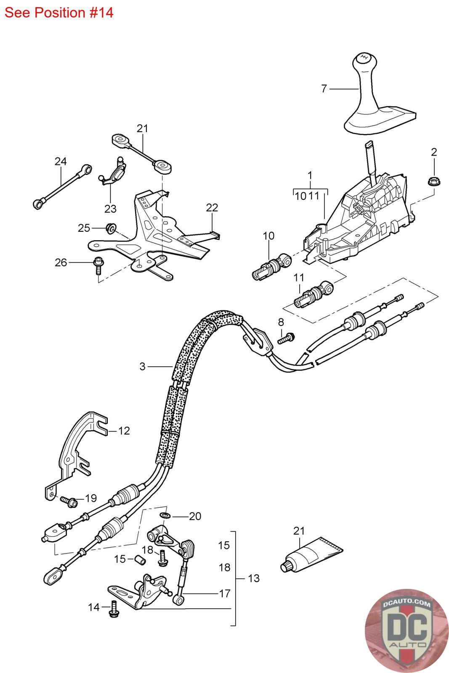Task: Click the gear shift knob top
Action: pyautogui.click(x=364, y=59)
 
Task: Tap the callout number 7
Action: pyautogui.click(x=324, y=89)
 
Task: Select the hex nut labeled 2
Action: pyautogui.click(x=432, y=181)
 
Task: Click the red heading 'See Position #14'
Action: pyautogui.click(x=59, y=13)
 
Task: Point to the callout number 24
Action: pyautogui.click(x=61, y=162)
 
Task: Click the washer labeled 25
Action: pyautogui.click(x=111, y=228)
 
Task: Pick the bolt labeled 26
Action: pyautogui.click(x=98, y=265)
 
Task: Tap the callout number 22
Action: pyautogui.click(x=212, y=207)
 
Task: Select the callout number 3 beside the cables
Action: pyautogui.click(x=143, y=366)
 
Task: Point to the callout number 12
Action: pyautogui.click(x=124, y=431)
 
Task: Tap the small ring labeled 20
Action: pyautogui.click(x=165, y=516)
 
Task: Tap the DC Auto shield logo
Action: pyautogui.click(x=406, y=631)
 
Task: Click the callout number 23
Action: pyautogui.click(x=110, y=209)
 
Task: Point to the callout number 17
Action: pyautogui.click(x=225, y=594)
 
